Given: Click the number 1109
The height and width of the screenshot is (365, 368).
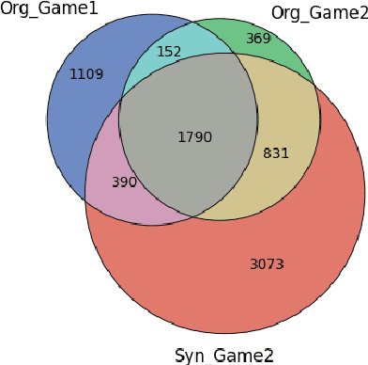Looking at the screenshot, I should [87, 73].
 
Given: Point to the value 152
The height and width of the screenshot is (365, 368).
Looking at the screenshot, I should [169, 52].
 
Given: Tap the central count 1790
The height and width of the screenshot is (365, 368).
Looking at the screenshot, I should [194, 136].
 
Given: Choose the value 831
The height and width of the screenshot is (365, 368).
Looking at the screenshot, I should [275, 153].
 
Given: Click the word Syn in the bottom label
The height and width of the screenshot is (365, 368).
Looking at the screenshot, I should [190, 355].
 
